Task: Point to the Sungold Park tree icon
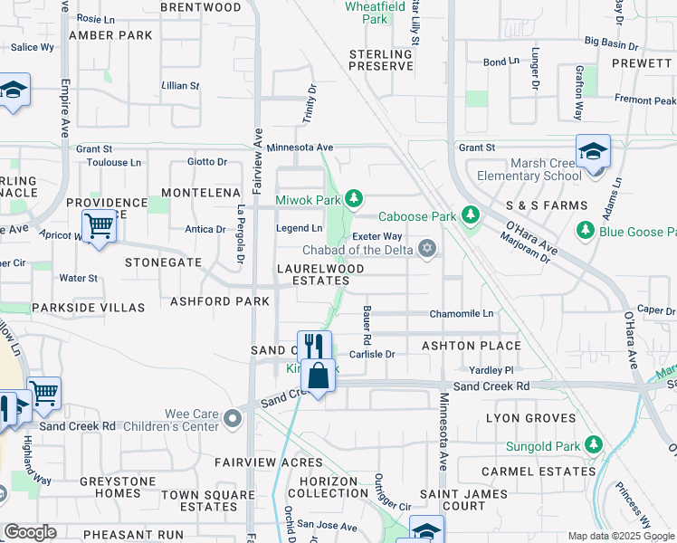pyautogui.click(x=594, y=444)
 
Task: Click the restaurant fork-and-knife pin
pyautogui.click(x=314, y=346)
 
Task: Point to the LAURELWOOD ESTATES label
pyautogui.click(x=320, y=275)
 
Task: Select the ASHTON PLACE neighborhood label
pyautogui.click(x=471, y=346)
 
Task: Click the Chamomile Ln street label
pyautogui.click(x=462, y=313)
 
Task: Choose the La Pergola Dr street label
pyautogui.click(x=241, y=238)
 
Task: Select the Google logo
pyautogui.click(x=30, y=532)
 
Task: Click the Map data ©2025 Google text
pyautogui.click(x=620, y=537)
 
